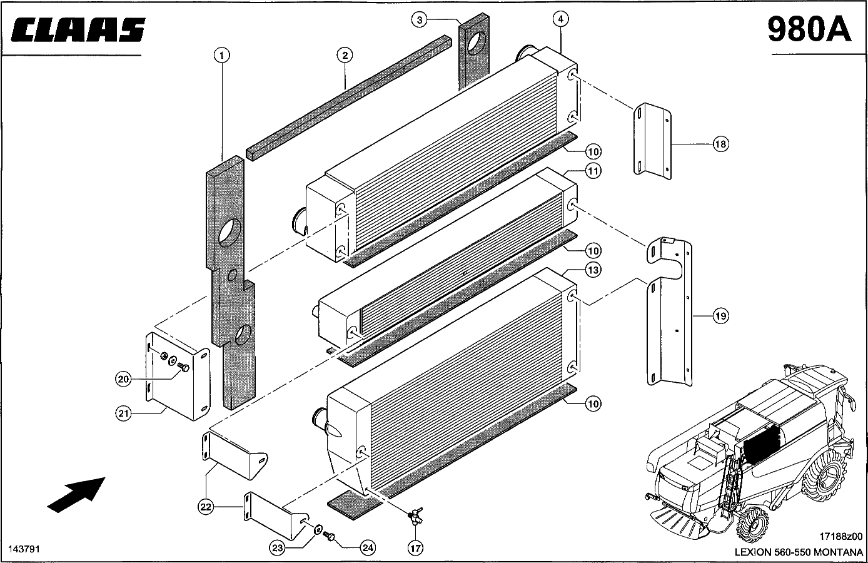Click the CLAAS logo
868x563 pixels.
pos(78,30)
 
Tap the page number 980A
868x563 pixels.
pos(809,29)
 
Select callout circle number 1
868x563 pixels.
pos(220,56)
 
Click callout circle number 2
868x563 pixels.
pos(345,56)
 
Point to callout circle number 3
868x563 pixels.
pos(420,20)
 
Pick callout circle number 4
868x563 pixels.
pos(561,19)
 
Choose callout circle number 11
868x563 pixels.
pos(593,170)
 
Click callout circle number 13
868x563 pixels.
pos(593,270)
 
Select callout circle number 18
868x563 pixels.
pos(720,145)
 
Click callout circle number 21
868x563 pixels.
pos(124,413)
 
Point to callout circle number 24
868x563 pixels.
pos(368,547)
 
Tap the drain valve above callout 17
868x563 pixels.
pos(413,515)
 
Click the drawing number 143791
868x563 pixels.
pos(24,549)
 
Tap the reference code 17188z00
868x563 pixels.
pos(840,537)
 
